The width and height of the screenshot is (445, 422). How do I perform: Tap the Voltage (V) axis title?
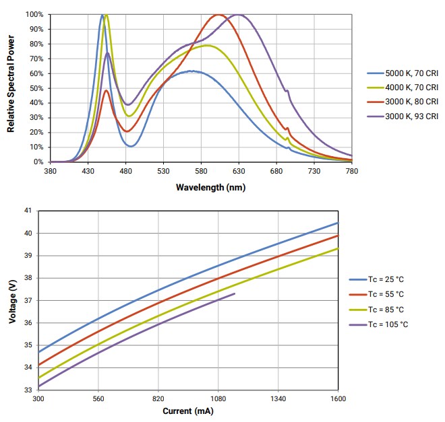(11, 301)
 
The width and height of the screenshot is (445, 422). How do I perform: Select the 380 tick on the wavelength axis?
(50, 172)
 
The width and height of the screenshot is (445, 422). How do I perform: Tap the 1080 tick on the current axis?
(218, 399)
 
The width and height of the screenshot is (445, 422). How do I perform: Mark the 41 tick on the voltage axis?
(27, 211)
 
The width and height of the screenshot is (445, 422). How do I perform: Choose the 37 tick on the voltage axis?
(27, 300)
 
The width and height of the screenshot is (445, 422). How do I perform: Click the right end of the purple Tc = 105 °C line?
(235, 293)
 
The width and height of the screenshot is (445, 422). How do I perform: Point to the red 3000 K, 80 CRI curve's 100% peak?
(218, 15)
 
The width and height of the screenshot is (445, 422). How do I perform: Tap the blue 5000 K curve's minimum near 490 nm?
(131, 146)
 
